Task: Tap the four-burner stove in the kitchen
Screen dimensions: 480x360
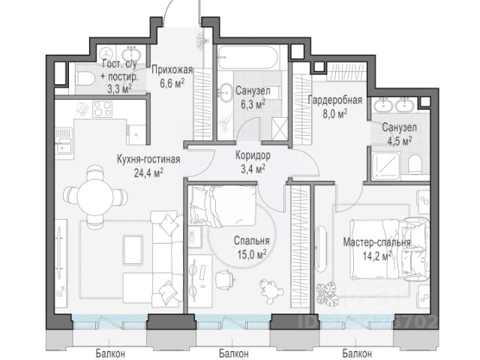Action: [102, 109]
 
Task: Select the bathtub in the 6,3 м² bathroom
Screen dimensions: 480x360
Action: [247, 58]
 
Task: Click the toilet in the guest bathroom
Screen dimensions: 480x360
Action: [84, 79]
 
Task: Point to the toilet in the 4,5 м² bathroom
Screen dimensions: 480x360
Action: [415, 164]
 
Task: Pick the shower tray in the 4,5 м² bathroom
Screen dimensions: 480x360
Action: [386, 166]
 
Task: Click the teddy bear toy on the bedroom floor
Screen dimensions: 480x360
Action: [269, 291]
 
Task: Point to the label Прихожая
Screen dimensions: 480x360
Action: [172, 70]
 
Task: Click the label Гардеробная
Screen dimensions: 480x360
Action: [335, 100]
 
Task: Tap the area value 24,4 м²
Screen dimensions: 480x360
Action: [148, 173]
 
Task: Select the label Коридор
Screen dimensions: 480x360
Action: [253, 156]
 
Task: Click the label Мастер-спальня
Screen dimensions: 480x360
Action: [376, 242]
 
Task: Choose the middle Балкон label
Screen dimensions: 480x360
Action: [234, 353]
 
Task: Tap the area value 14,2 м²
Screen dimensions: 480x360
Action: [377, 255]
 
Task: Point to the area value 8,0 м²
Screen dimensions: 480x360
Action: [335, 114]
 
